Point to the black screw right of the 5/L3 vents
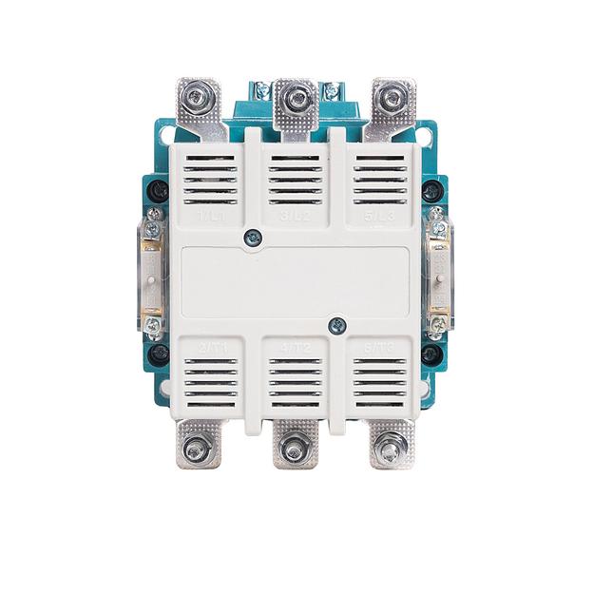point(431,189)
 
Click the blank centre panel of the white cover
point(296,282)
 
